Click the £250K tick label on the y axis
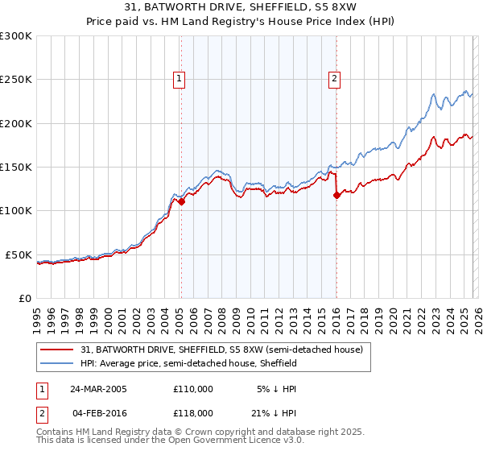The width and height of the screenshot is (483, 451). point(15,80)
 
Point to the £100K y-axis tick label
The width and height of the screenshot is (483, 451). point(15,210)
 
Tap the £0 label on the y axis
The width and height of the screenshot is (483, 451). point(24,298)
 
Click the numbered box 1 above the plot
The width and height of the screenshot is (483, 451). point(179,78)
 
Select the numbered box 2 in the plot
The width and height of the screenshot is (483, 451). point(333,78)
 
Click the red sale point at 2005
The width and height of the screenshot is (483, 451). point(182,202)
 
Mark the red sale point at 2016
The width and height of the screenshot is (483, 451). point(336,195)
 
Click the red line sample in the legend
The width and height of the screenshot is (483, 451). point(58,350)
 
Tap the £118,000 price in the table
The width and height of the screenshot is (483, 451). point(193,412)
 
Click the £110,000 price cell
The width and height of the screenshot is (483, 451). point(193,388)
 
